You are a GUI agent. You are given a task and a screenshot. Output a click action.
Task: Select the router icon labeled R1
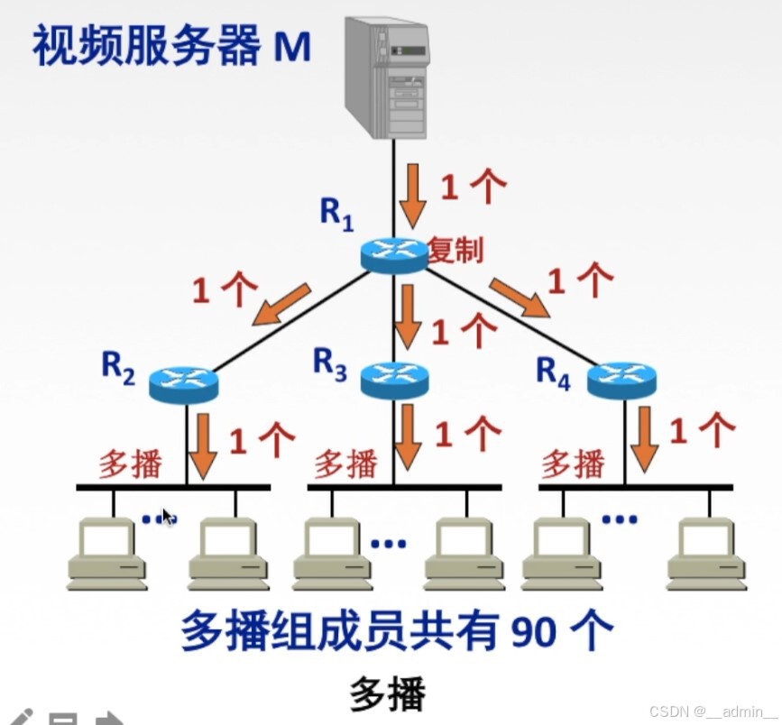(x=394, y=254)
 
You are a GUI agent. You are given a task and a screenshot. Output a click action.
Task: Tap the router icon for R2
(x=184, y=384)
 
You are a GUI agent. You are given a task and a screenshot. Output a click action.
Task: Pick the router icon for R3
(x=394, y=380)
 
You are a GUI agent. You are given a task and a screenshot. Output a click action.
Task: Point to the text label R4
(x=553, y=372)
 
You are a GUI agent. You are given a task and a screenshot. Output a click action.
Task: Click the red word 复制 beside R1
(x=455, y=251)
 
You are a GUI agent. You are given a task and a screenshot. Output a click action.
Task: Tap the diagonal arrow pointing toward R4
(x=520, y=298)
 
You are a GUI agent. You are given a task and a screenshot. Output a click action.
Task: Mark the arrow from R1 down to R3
(x=410, y=316)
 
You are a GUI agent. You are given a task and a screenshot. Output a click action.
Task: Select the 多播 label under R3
(x=345, y=465)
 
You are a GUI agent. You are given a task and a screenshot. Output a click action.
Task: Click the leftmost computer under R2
(x=106, y=552)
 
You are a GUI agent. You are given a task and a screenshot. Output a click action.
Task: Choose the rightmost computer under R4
(x=706, y=552)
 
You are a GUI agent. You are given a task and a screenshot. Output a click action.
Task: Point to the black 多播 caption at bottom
(x=387, y=693)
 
